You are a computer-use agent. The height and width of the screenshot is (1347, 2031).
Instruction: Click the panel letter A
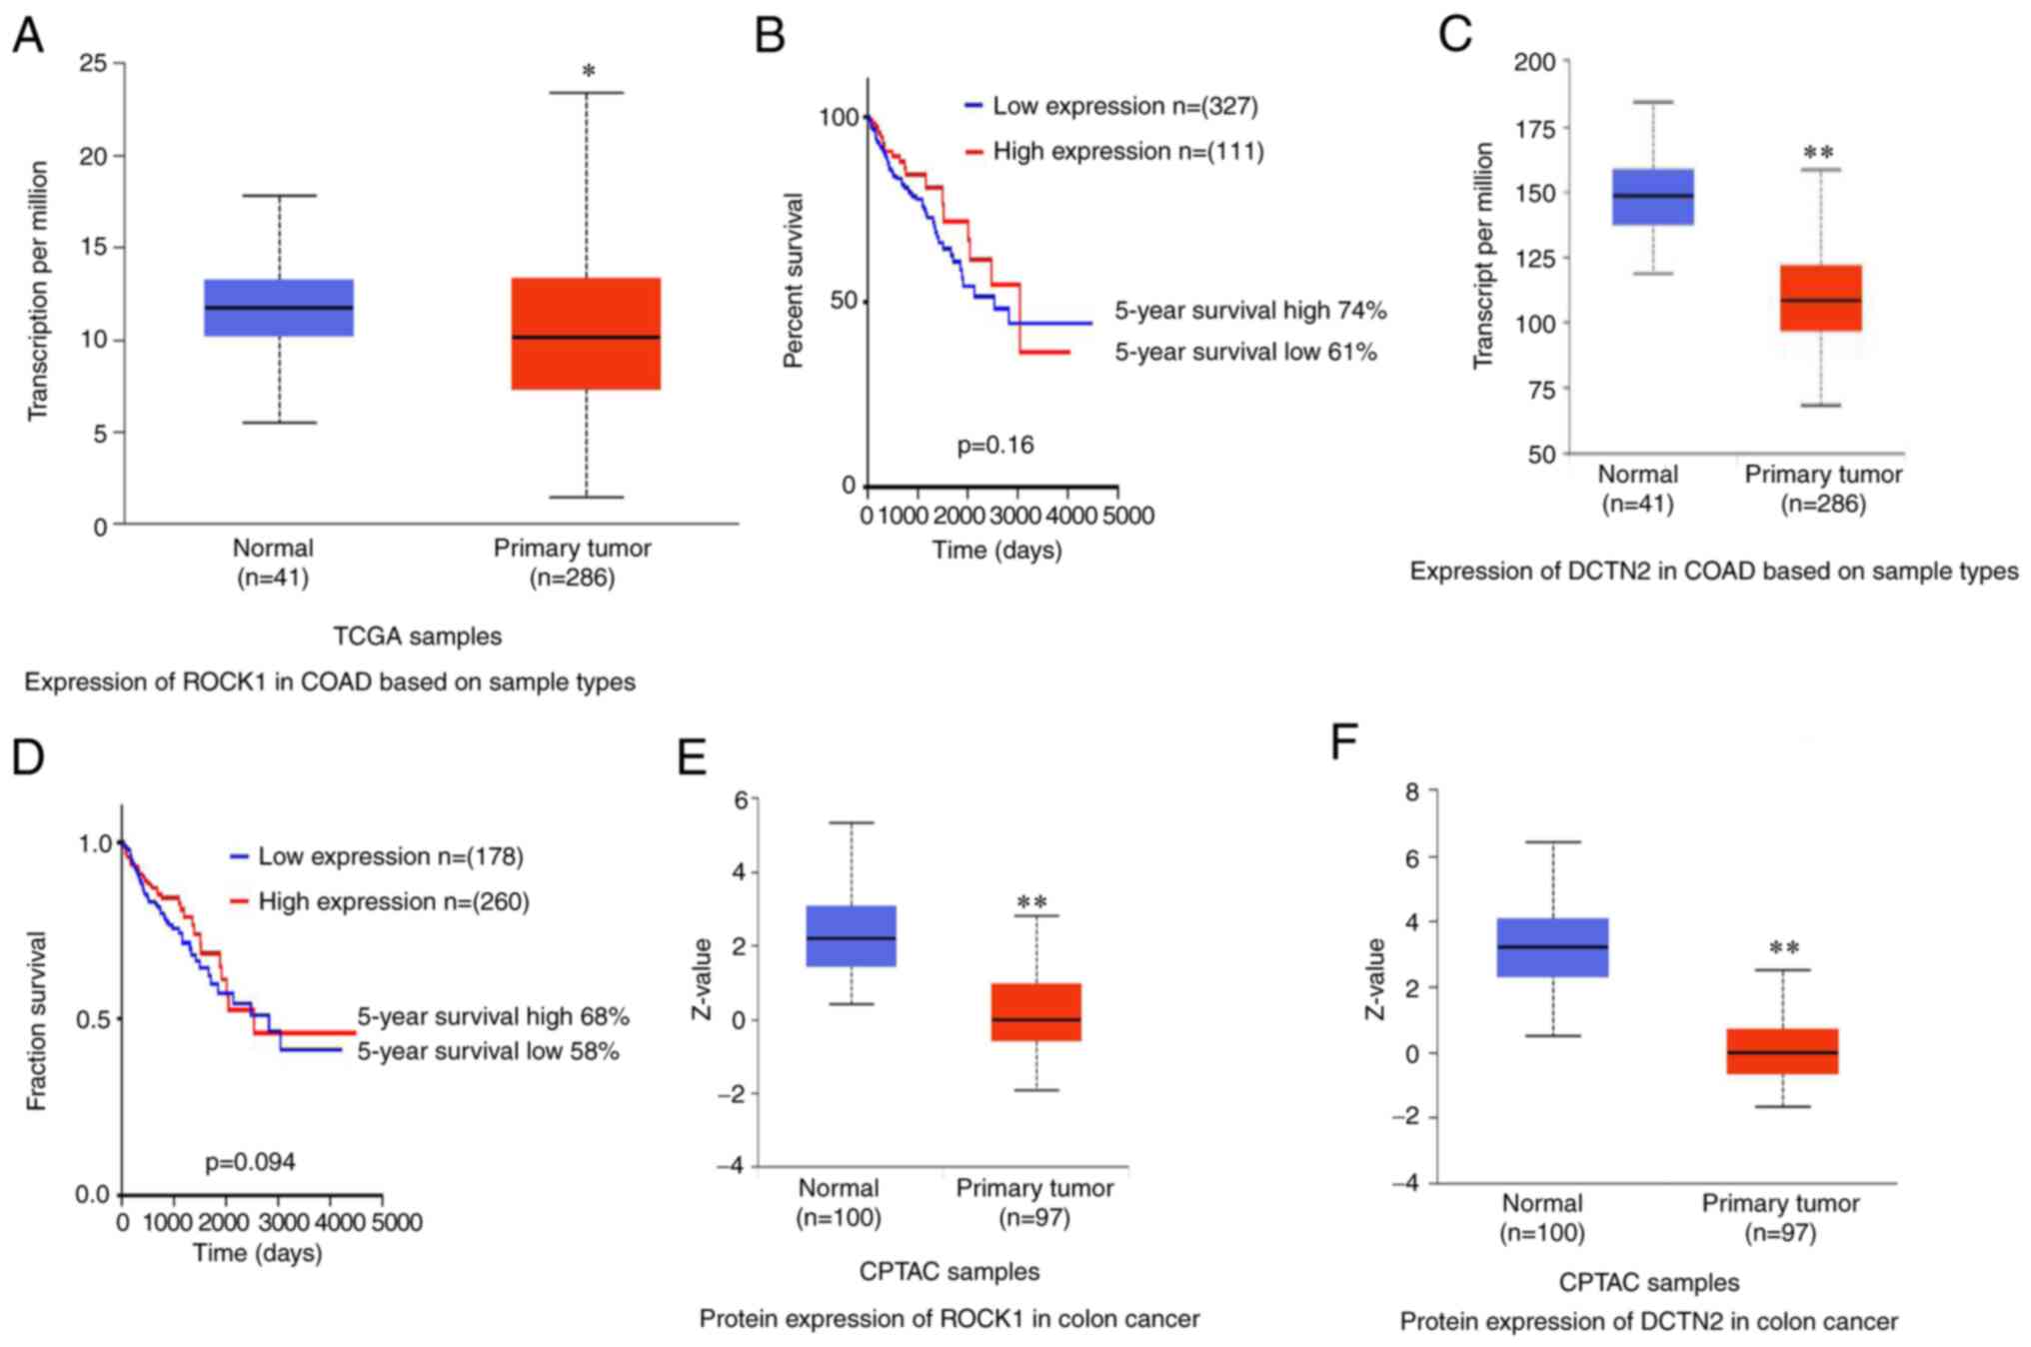[28, 36]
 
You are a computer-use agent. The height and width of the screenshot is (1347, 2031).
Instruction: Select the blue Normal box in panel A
[279, 307]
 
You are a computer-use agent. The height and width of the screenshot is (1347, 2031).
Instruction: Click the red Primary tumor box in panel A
[586, 333]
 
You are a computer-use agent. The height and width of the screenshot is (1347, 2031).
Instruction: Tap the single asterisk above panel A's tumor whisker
[589, 72]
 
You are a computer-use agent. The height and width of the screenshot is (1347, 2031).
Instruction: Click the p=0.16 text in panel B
[996, 445]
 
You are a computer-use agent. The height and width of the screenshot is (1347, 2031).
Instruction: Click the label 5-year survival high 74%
[1250, 311]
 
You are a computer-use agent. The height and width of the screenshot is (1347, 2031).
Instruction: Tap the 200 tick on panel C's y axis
[1534, 62]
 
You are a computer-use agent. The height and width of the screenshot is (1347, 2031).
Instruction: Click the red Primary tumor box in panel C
[1820, 298]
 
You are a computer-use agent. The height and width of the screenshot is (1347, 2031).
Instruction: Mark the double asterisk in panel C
[1818, 153]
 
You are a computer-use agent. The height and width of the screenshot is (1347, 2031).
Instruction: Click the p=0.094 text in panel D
[250, 1162]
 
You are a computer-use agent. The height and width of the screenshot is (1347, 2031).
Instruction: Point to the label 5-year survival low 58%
[488, 1051]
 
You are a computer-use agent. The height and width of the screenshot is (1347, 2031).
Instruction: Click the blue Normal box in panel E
[851, 935]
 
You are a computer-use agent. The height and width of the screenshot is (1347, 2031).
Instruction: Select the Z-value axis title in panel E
[703, 979]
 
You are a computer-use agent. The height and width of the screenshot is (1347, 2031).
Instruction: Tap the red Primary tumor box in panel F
[1782, 1051]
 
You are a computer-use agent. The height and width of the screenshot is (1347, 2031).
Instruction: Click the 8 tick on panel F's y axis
[1410, 791]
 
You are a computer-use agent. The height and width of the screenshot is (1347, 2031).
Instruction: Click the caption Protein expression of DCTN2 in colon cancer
[1648, 1321]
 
